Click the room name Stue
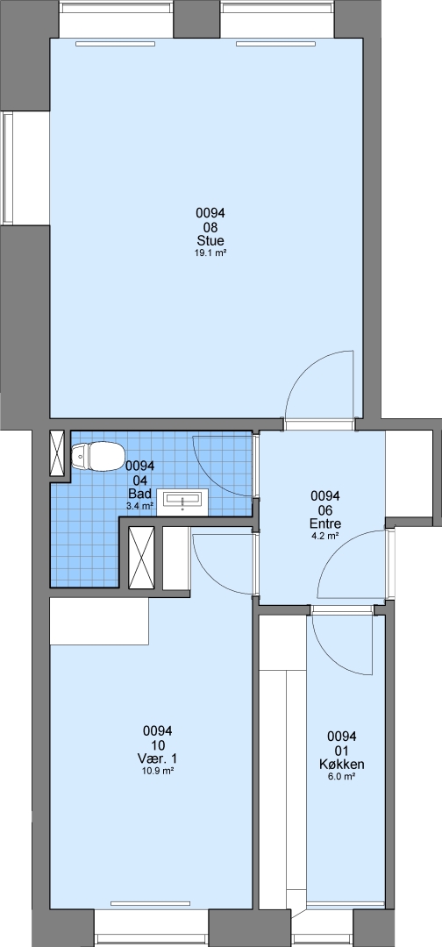point(210,241)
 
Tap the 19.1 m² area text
point(210,253)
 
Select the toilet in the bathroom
point(96,455)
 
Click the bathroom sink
point(182,502)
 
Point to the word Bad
point(139,494)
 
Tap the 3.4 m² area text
point(139,506)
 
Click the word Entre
point(324,523)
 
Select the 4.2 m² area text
point(324,536)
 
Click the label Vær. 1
point(159,758)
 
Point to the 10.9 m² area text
point(159,771)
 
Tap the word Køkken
point(342,765)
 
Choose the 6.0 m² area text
point(342,777)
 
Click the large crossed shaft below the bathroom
point(142,558)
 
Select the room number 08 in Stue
point(210,227)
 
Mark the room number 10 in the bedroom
point(159,744)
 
